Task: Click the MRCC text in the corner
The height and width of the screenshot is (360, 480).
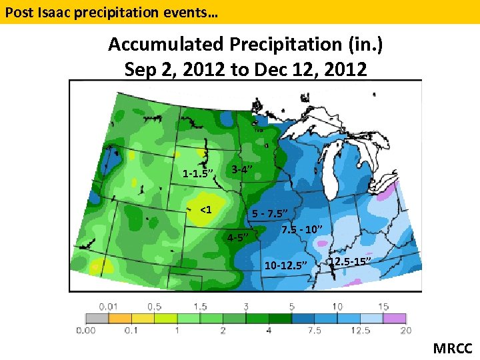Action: coord(453,348)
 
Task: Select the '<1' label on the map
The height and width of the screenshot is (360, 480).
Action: coord(206,211)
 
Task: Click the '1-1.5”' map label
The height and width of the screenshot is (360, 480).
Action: coord(197,174)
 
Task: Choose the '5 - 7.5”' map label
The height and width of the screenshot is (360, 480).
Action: coord(270,214)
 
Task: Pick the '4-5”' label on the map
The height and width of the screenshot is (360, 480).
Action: coord(238,237)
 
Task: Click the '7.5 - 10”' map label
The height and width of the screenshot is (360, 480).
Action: coord(302,230)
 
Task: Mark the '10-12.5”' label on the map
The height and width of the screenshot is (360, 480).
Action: coord(286,265)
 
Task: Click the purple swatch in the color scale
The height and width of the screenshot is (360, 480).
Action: coord(393,319)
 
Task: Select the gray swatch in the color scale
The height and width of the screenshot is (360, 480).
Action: coord(98,319)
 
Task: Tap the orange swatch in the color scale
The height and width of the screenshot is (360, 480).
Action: coord(121,319)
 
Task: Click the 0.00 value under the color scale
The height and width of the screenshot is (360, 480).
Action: coord(86,331)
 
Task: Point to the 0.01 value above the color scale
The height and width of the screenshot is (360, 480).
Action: coord(109,307)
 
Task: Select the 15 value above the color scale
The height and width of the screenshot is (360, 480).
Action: coord(383,307)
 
